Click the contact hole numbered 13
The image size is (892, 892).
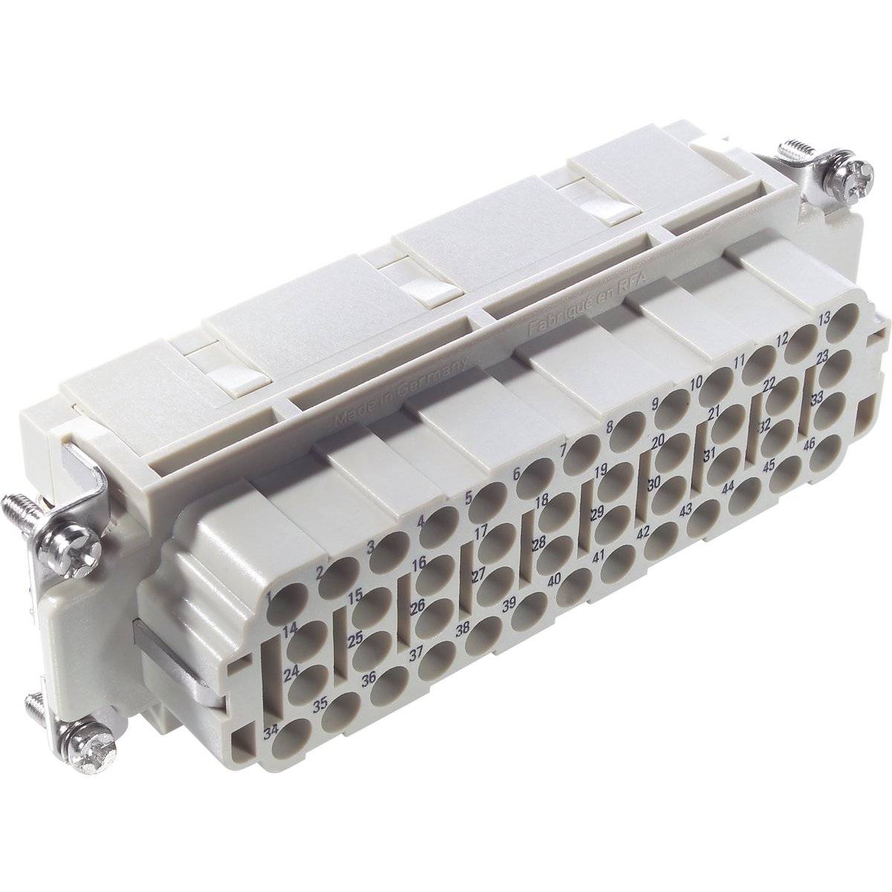(x=841, y=329)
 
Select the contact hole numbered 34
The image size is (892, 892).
(x=292, y=737)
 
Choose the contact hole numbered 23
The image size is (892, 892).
(x=836, y=367)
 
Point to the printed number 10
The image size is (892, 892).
(x=696, y=384)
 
